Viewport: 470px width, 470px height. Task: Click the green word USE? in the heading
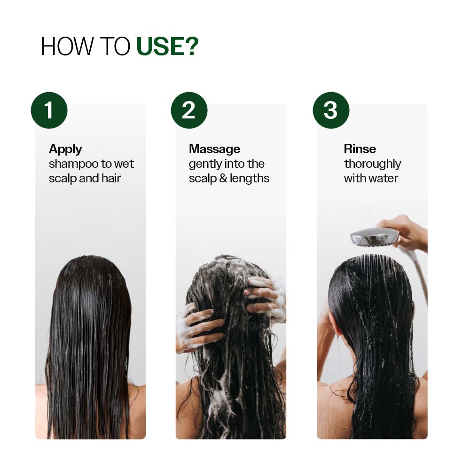point(167,47)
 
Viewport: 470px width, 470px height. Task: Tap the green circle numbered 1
point(49,110)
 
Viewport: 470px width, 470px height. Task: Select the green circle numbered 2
point(189,110)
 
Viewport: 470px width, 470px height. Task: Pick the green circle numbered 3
point(331,110)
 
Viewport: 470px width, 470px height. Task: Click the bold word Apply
point(65,149)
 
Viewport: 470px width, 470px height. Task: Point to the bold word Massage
point(214,149)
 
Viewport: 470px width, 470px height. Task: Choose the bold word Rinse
point(360,149)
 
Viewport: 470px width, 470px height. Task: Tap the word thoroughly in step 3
point(372,164)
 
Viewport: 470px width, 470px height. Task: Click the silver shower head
point(374,236)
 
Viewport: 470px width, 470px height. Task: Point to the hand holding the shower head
point(407,233)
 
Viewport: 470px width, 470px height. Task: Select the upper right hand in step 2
point(266,294)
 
